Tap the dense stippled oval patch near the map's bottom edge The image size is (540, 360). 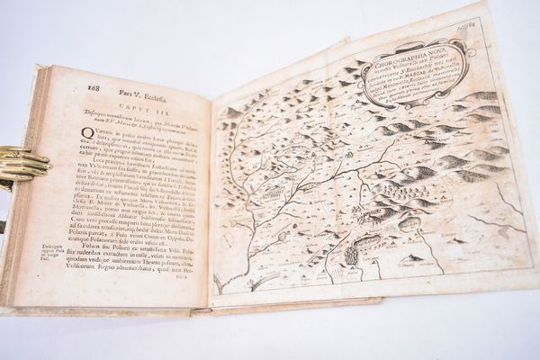click(x=350, y=254)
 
